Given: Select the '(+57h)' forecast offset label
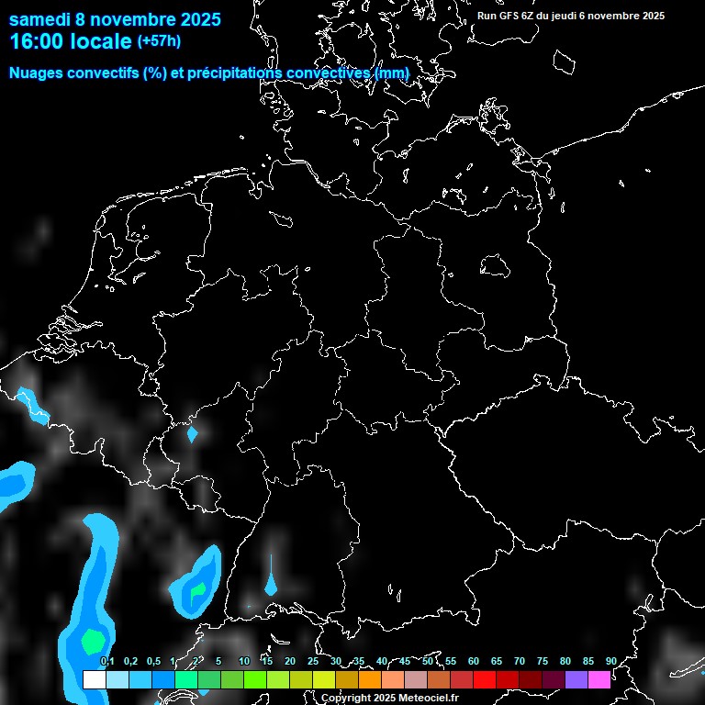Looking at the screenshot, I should tap(159, 40).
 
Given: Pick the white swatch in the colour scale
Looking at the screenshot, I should tap(95, 679).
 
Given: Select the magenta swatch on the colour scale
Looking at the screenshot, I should tap(599, 679).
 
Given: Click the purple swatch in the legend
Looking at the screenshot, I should tap(576, 679).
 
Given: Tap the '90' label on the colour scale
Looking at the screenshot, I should tap(610, 661).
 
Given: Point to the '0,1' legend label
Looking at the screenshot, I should tap(107, 661).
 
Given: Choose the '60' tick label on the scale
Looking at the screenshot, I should tap(473, 661).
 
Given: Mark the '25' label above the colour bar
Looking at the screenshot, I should tap(312, 661).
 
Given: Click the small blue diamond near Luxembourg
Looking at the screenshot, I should tap(192, 433).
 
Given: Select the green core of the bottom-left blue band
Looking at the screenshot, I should tap(93, 638).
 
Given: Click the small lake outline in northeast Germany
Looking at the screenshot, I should tap(496, 265).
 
